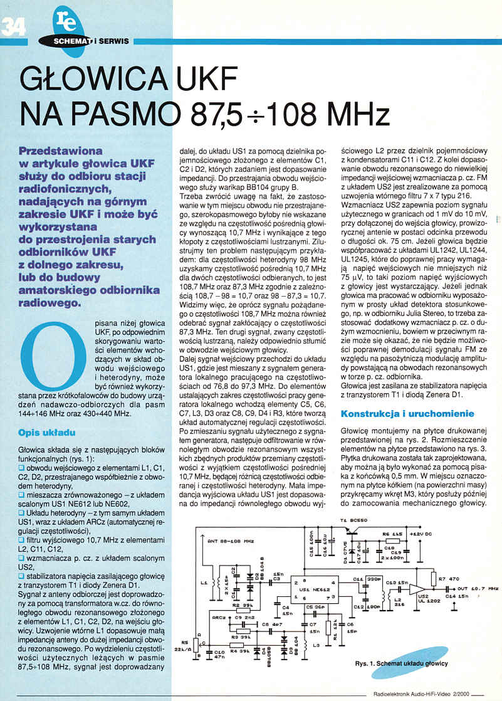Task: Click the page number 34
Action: coord(14,27)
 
